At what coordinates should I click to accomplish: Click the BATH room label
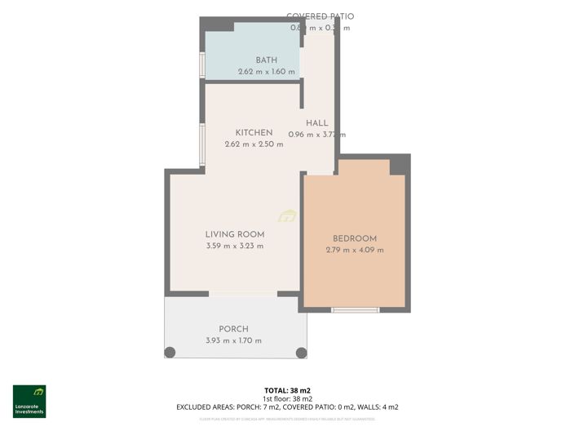pyautogui.click(x=266, y=60)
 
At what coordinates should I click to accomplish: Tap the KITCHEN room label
pyautogui.click(x=254, y=133)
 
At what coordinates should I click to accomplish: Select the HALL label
pyautogui.click(x=316, y=123)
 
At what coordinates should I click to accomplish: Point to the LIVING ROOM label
pyautogui.click(x=235, y=234)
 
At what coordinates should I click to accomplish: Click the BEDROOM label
pyautogui.click(x=354, y=238)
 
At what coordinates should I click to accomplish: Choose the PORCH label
pyautogui.click(x=233, y=329)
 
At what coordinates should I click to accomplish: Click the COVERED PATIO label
pyautogui.click(x=320, y=16)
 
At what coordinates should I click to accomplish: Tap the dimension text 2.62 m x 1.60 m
pyautogui.click(x=266, y=72)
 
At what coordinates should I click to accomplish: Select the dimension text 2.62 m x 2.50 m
pyautogui.click(x=254, y=144)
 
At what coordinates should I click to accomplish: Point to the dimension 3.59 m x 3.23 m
pyautogui.click(x=235, y=246)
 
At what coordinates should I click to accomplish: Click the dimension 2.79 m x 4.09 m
pyautogui.click(x=354, y=250)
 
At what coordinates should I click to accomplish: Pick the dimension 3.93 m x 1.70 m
pyautogui.click(x=233, y=340)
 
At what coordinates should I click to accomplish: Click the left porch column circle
pyautogui.click(x=170, y=353)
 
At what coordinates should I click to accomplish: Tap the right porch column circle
pyautogui.click(x=301, y=353)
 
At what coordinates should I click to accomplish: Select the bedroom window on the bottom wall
pyautogui.click(x=355, y=309)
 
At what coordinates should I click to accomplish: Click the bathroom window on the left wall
pyautogui.click(x=202, y=64)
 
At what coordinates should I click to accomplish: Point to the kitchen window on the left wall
pyautogui.click(x=202, y=144)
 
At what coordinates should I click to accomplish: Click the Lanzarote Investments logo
pyautogui.click(x=29, y=401)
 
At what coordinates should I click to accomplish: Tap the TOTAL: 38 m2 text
pyautogui.click(x=287, y=391)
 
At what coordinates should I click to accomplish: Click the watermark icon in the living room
pyautogui.click(x=287, y=216)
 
